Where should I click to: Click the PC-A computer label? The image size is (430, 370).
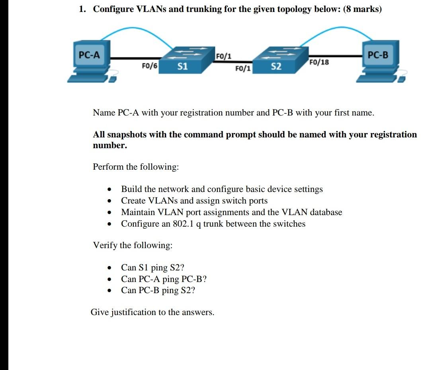point(89,55)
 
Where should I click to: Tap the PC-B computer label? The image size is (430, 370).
point(377,55)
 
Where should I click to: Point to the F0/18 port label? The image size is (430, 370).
point(319,62)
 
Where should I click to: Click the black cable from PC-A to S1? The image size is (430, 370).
point(135,58)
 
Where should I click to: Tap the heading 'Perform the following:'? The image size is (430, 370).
point(136,166)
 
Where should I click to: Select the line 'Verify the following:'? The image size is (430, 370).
point(133,245)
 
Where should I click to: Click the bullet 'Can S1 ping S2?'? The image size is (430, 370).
point(152,267)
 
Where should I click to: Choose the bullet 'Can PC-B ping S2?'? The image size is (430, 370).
point(158,290)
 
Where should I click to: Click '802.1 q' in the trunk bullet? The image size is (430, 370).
point(187,223)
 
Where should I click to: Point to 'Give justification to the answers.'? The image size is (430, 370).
point(152,312)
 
